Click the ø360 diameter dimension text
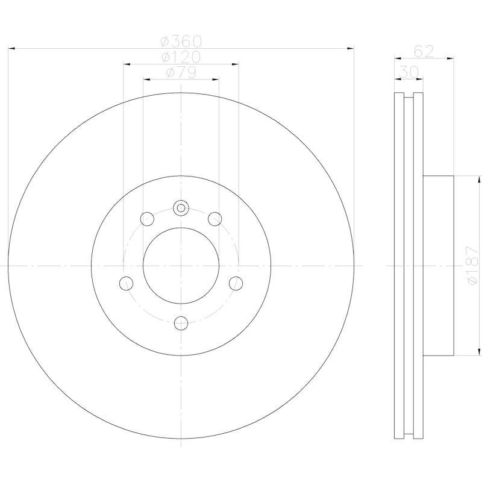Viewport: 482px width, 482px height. [181, 42]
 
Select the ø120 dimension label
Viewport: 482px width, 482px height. [181, 57]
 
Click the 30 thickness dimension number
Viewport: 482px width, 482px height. [410, 72]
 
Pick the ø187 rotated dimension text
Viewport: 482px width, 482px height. [472, 266]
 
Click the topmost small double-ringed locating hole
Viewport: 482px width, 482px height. [181, 208]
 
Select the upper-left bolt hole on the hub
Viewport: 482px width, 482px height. [146, 219]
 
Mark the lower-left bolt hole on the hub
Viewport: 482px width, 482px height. [126, 282]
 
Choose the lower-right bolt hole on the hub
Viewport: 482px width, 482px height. [236, 282]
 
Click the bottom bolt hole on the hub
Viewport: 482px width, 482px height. [181, 323]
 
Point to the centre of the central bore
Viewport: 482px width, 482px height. [181, 266]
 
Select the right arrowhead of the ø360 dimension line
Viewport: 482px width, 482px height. [351, 48]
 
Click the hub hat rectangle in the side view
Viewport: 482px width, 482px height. [437, 266]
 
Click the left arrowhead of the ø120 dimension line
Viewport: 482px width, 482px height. [126, 63]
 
